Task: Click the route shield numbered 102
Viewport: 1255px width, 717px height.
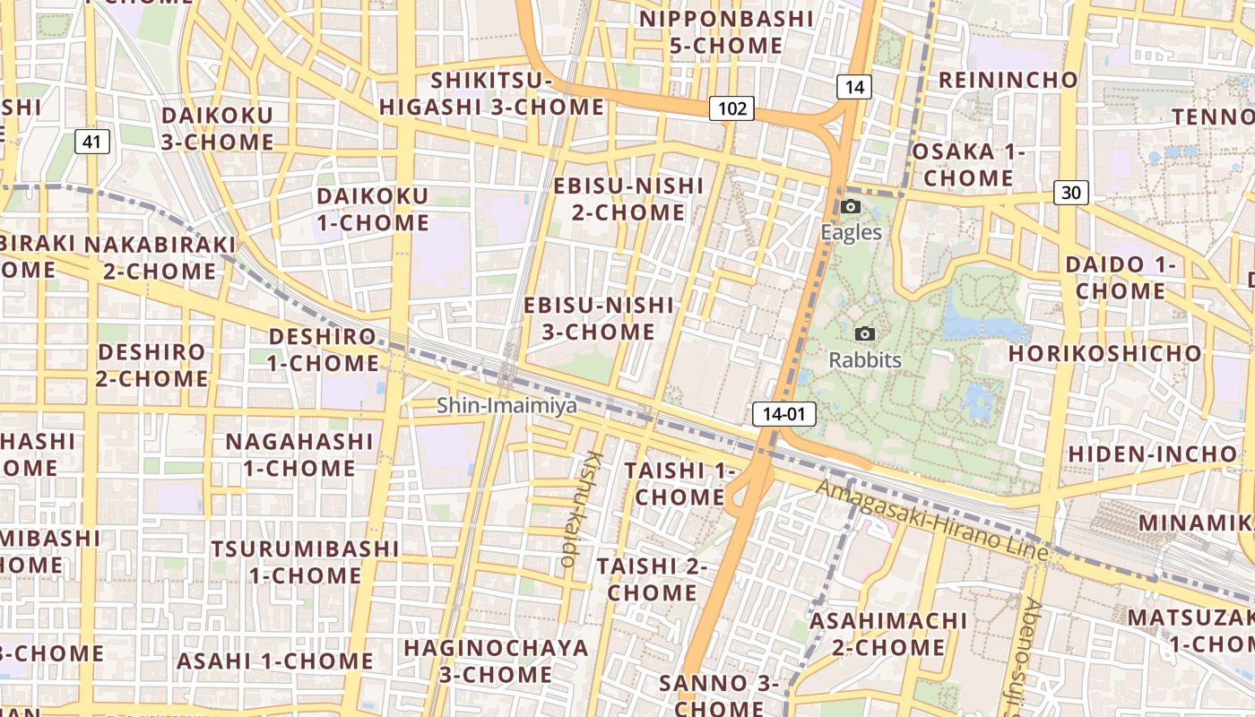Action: pyautogui.click(x=731, y=108)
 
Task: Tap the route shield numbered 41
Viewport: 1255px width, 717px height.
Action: pyautogui.click(x=92, y=141)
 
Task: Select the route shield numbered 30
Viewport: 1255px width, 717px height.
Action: pyautogui.click(x=1070, y=192)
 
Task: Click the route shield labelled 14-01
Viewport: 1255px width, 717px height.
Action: pyautogui.click(x=773, y=413)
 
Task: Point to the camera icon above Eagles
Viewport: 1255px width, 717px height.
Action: pyautogui.click(x=851, y=207)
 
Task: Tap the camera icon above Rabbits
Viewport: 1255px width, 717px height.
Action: pyautogui.click(x=864, y=334)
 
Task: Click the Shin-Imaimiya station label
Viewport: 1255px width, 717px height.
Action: pyautogui.click(x=507, y=406)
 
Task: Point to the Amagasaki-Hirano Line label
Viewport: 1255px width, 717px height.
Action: pyautogui.click(x=932, y=520)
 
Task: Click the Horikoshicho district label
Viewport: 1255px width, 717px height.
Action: pyautogui.click(x=1104, y=353)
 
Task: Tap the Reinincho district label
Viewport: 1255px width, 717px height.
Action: pyautogui.click(x=1008, y=80)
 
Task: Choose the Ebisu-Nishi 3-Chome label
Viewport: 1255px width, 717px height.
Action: pyautogui.click(x=599, y=318)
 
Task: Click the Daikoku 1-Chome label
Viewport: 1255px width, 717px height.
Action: pyautogui.click(x=373, y=209)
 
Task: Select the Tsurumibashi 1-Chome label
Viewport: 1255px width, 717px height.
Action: pyautogui.click(x=305, y=561)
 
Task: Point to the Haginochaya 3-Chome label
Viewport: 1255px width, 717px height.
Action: pyautogui.click(x=496, y=661)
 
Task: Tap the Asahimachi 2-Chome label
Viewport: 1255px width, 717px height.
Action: pyautogui.click(x=888, y=634)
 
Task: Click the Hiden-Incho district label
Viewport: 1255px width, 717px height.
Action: pyautogui.click(x=1153, y=454)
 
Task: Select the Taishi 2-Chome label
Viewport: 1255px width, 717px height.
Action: pyautogui.click(x=652, y=579)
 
